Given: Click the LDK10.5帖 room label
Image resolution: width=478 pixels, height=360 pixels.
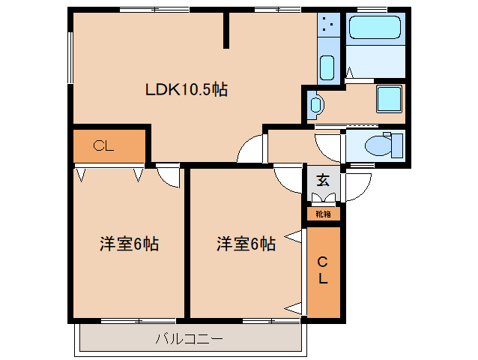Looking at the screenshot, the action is click(187, 90).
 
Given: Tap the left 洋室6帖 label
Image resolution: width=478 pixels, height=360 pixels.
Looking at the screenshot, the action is click(129, 244).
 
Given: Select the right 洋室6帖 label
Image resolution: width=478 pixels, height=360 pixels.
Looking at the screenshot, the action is click(246, 244).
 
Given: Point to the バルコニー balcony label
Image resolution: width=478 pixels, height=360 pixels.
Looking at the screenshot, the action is click(190, 339).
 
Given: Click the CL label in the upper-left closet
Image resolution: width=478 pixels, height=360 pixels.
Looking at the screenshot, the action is click(103, 145).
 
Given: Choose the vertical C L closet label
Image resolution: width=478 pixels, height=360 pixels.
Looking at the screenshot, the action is click(322, 270).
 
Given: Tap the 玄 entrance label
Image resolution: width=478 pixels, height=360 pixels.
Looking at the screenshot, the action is click(323, 180).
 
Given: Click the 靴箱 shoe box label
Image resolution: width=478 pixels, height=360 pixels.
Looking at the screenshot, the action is click(323, 214).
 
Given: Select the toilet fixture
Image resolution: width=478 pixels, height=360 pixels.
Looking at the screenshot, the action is click(384, 145).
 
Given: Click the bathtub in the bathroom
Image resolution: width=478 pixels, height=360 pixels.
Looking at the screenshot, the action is click(375, 28).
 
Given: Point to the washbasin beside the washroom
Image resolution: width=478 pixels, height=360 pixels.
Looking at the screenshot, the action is click(316, 105).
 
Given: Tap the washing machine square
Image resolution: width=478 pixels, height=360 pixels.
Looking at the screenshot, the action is click(389, 99).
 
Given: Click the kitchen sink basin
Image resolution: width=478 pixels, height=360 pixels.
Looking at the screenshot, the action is click(327, 67).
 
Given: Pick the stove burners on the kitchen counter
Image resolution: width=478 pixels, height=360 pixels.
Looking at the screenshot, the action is click(327, 25).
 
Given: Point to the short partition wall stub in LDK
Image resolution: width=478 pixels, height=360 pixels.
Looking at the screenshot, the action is click(226, 30).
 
